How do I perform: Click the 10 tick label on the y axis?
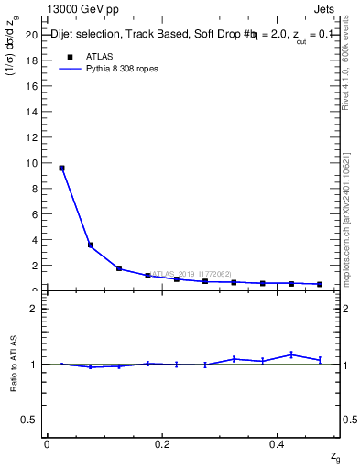click(x=35, y=163)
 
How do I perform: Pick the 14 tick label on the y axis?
click(x=35, y=112)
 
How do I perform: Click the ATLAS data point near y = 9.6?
click(x=61, y=168)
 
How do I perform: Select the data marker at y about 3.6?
click(x=91, y=245)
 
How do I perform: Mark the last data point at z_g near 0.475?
click(x=320, y=284)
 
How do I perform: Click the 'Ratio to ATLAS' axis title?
click(x=13, y=364)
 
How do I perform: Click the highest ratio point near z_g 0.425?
click(x=291, y=354)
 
